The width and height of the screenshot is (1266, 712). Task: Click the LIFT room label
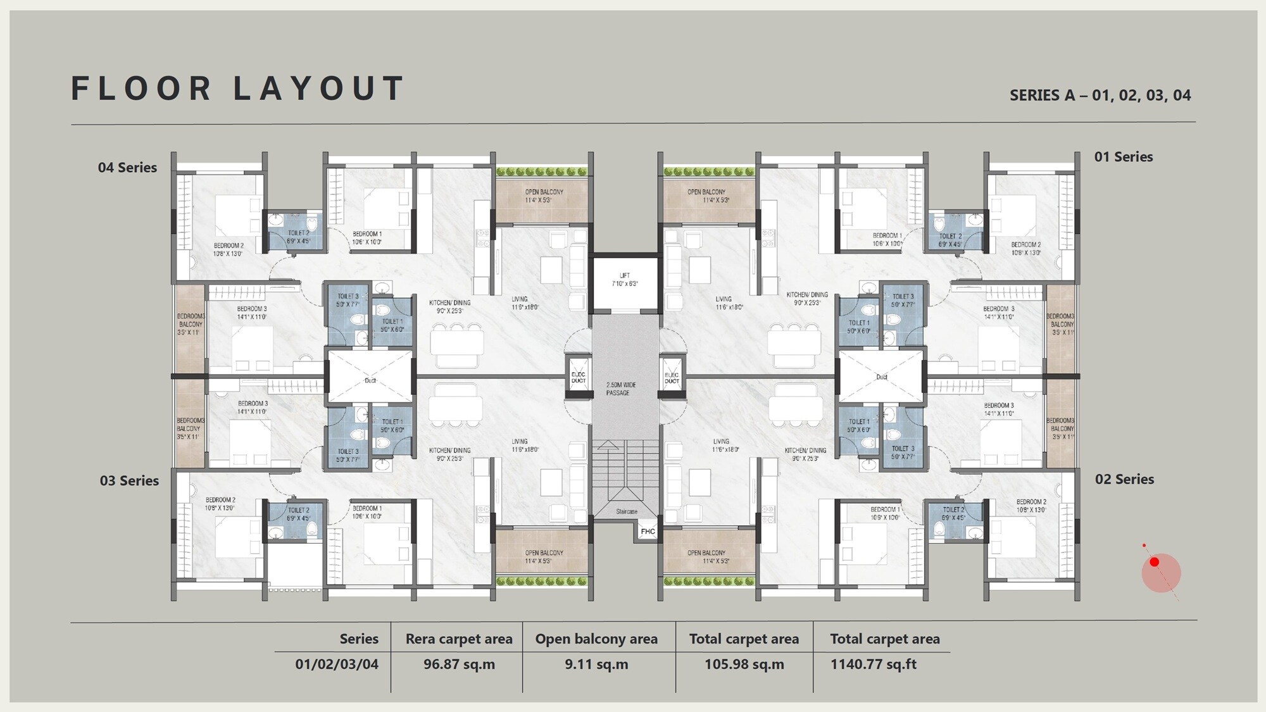click(x=625, y=280)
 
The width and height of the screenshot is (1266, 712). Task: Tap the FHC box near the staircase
click(x=648, y=531)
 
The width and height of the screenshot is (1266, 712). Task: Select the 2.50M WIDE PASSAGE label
click(x=620, y=389)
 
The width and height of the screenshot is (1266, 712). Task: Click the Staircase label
click(x=627, y=511)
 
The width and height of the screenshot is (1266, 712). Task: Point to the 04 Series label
click(x=127, y=168)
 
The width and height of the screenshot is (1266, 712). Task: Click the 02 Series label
click(x=1124, y=480)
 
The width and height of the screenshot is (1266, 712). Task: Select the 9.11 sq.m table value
click(x=596, y=665)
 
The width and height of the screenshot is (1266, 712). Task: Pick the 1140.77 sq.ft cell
click(x=873, y=665)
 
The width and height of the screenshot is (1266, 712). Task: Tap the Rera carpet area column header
click(x=459, y=639)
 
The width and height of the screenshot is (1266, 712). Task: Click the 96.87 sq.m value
click(x=459, y=665)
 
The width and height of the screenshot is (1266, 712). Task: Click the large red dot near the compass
click(x=1155, y=562)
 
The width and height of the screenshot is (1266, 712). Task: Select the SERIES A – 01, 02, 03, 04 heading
click(x=1100, y=96)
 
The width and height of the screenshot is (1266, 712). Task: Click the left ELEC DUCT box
click(x=579, y=378)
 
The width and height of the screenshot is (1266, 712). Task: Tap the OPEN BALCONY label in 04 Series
click(x=543, y=196)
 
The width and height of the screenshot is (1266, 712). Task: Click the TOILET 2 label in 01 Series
click(x=949, y=240)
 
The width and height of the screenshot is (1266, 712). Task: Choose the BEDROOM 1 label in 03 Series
click(x=367, y=512)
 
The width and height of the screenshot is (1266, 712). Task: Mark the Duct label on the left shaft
click(x=370, y=380)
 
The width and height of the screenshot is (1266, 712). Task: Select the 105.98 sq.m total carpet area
click(x=744, y=665)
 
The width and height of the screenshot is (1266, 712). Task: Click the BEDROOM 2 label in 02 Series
click(x=1031, y=506)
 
